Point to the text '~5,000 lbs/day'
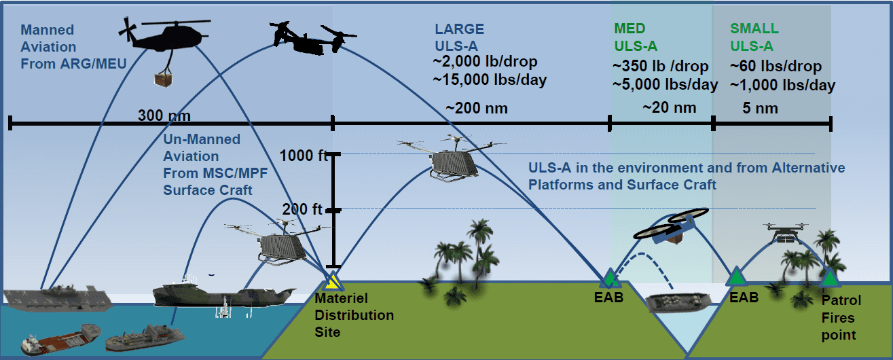click(x=665, y=85)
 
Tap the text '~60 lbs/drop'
click(x=775, y=67)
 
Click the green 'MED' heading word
click(x=630, y=29)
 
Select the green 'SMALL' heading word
click(x=754, y=29)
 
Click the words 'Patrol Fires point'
click(x=841, y=317)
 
